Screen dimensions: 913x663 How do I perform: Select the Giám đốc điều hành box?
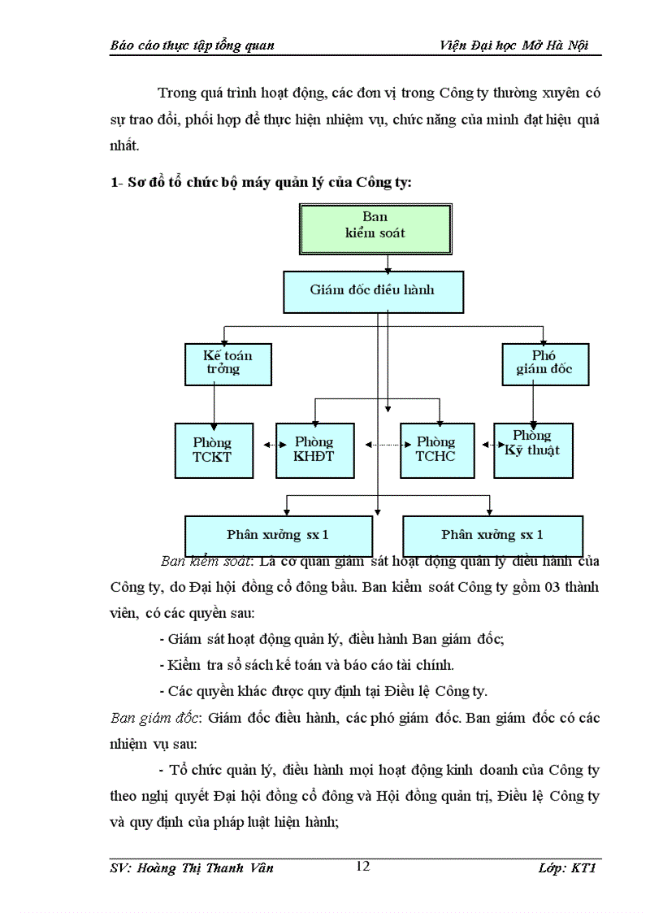[x=374, y=291]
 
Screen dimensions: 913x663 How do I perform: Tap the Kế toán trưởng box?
[x=227, y=363]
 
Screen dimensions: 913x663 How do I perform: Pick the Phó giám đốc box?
[x=544, y=363]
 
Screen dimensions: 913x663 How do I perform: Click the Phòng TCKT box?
[x=213, y=450]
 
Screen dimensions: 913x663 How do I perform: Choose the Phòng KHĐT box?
[x=314, y=450]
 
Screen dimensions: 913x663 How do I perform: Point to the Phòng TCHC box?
[x=435, y=450]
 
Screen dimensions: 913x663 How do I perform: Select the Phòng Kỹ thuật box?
[x=533, y=450]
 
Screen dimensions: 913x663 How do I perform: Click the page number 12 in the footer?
[x=363, y=866]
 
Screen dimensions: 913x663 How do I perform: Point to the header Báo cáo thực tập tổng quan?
[x=193, y=46]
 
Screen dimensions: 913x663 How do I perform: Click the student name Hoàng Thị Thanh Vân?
[x=192, y=867]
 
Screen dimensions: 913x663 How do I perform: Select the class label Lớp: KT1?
[x=570, y=867]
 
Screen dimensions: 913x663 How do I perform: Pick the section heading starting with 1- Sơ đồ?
[x=261, y=182]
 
